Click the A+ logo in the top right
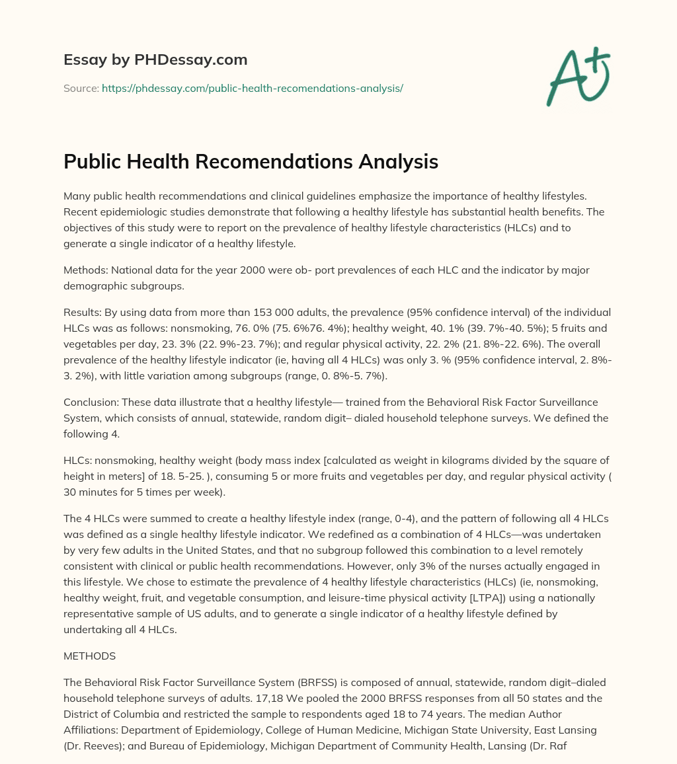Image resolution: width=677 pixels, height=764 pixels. coord(578,77)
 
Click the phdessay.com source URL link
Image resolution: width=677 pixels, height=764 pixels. coord(252,88)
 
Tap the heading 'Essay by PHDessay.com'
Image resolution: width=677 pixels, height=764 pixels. coord(155,60)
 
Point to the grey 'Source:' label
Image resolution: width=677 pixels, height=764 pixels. coord(81,88)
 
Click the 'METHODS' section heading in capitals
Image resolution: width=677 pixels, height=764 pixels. coord(89,656)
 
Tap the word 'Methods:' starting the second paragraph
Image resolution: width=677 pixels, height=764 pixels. coord(85,270)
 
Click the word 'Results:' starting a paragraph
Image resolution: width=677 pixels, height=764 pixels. coord(83,312)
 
